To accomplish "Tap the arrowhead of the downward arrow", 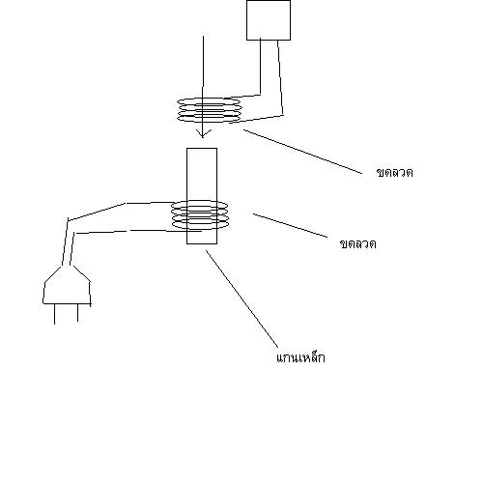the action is click(202, 134).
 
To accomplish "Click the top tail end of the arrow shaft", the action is click(203, 36).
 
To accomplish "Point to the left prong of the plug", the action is click(54, 314).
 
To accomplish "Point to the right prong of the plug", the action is click(77, 313).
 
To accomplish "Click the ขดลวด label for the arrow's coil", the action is click(394, 173).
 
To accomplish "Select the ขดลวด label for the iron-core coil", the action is click(357, 244).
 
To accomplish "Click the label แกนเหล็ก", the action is click(300, 357).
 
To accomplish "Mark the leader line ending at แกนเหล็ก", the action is click(241, 299).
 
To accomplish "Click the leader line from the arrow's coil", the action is click(302, 152).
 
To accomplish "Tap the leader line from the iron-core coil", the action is click(290, 226).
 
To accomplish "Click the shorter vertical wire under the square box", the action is click(260, 67).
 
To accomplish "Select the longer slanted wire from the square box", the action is click(280, 77).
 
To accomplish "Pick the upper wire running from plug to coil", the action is click(126, 204).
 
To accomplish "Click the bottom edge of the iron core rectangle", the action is click(202, 243).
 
